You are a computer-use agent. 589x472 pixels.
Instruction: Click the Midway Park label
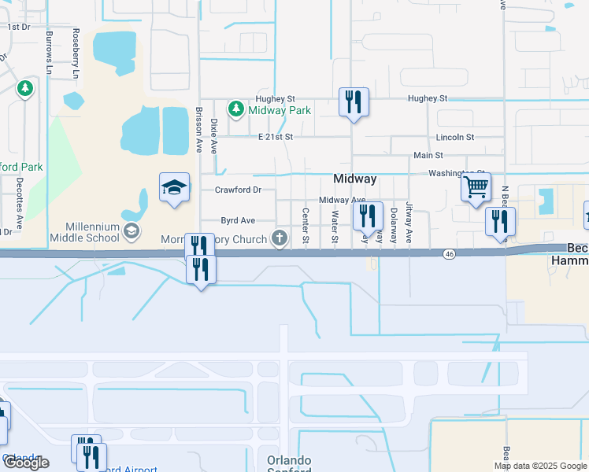[x=280, y=110]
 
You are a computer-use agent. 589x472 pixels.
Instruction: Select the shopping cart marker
[x=476, y=188]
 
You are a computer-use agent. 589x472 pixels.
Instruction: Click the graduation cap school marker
[x=175, y=188]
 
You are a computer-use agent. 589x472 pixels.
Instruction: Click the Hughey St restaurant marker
[x=354, y=101]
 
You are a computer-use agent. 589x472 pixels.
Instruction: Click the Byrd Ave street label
[x=238, y=221]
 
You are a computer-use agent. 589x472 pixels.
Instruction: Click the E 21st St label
[x=276, y=137]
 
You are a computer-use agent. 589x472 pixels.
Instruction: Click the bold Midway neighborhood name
[x=354, y=179]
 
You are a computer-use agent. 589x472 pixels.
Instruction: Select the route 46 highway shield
[x=449, y=253]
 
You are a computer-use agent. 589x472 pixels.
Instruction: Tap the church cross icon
[x=279, y=238]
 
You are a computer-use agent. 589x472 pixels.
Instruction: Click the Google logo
[x=26, y=463]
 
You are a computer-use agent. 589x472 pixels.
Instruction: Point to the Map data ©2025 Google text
[x=540, y=466]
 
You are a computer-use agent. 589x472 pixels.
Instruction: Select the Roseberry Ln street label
[x=76, y=53]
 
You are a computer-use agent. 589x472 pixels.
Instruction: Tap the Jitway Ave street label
[x=409, y=221]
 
